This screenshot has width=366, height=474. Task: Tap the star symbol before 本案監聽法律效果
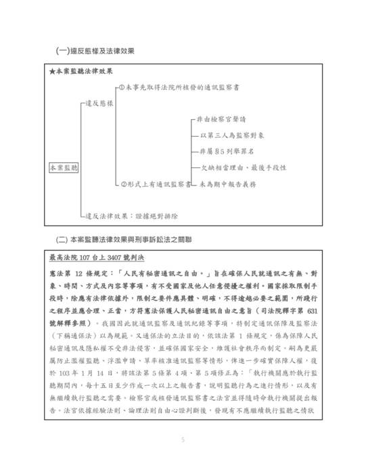pyautogui.click(x=53, y=71)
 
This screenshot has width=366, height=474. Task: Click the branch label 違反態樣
pyautogui.click(x=99, y=104)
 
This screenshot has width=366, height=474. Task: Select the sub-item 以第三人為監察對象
pyautogui.click(x=229, y=135)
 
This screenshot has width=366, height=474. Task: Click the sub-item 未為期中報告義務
pyautogui.click(x=223, y=184)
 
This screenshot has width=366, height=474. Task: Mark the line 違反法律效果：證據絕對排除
pyautogui.click(x=133, y=215)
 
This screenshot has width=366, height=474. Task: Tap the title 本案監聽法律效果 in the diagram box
pyautogui.click(x=84, y=71)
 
